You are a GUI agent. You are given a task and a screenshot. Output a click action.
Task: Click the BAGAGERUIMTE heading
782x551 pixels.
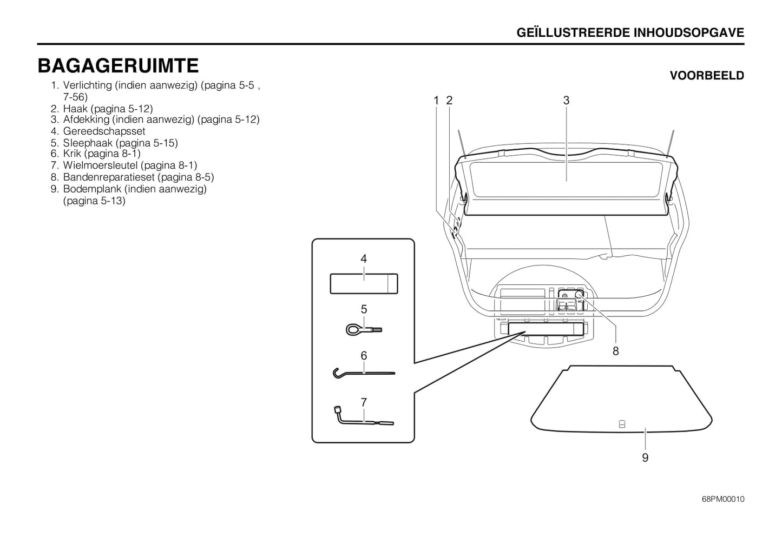(x=118, y=65)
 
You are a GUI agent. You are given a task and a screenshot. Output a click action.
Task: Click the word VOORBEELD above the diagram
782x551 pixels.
(x=707, y=76)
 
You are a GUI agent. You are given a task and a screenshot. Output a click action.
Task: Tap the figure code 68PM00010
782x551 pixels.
(x=723, y=499)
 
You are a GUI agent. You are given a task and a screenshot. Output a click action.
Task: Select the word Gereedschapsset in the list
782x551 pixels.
(x=104, y=131)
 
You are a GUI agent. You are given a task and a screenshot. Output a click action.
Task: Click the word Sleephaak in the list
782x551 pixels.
(x=88, y=143)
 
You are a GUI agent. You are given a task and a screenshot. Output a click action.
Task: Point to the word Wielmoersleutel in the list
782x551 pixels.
(x=101, y=165)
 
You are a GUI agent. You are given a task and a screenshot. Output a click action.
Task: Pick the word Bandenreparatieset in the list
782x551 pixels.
(x=109, y=177)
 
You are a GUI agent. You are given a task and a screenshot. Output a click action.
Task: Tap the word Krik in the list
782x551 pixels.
(x=72, y=154)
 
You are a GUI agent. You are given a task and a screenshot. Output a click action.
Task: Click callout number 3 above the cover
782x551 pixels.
(x=566, y=101)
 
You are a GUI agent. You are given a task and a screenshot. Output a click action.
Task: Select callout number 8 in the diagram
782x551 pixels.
(x=616, y=351)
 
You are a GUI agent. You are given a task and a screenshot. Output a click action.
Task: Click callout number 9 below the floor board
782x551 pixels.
(x=645, y=457)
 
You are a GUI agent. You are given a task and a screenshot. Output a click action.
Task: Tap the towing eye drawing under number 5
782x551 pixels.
(x=364, y=329)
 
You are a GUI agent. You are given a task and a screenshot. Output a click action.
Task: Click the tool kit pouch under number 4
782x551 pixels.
(x=364, y=283)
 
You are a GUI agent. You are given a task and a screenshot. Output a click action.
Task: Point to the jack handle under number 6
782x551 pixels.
(x=364, y=373)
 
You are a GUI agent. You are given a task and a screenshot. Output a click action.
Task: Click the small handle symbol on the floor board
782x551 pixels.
(x=621, y=424)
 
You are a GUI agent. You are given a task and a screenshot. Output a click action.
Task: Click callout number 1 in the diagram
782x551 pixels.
(x=436, y=101)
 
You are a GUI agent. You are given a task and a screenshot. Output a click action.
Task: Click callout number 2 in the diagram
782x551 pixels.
(x=449, y=101)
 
